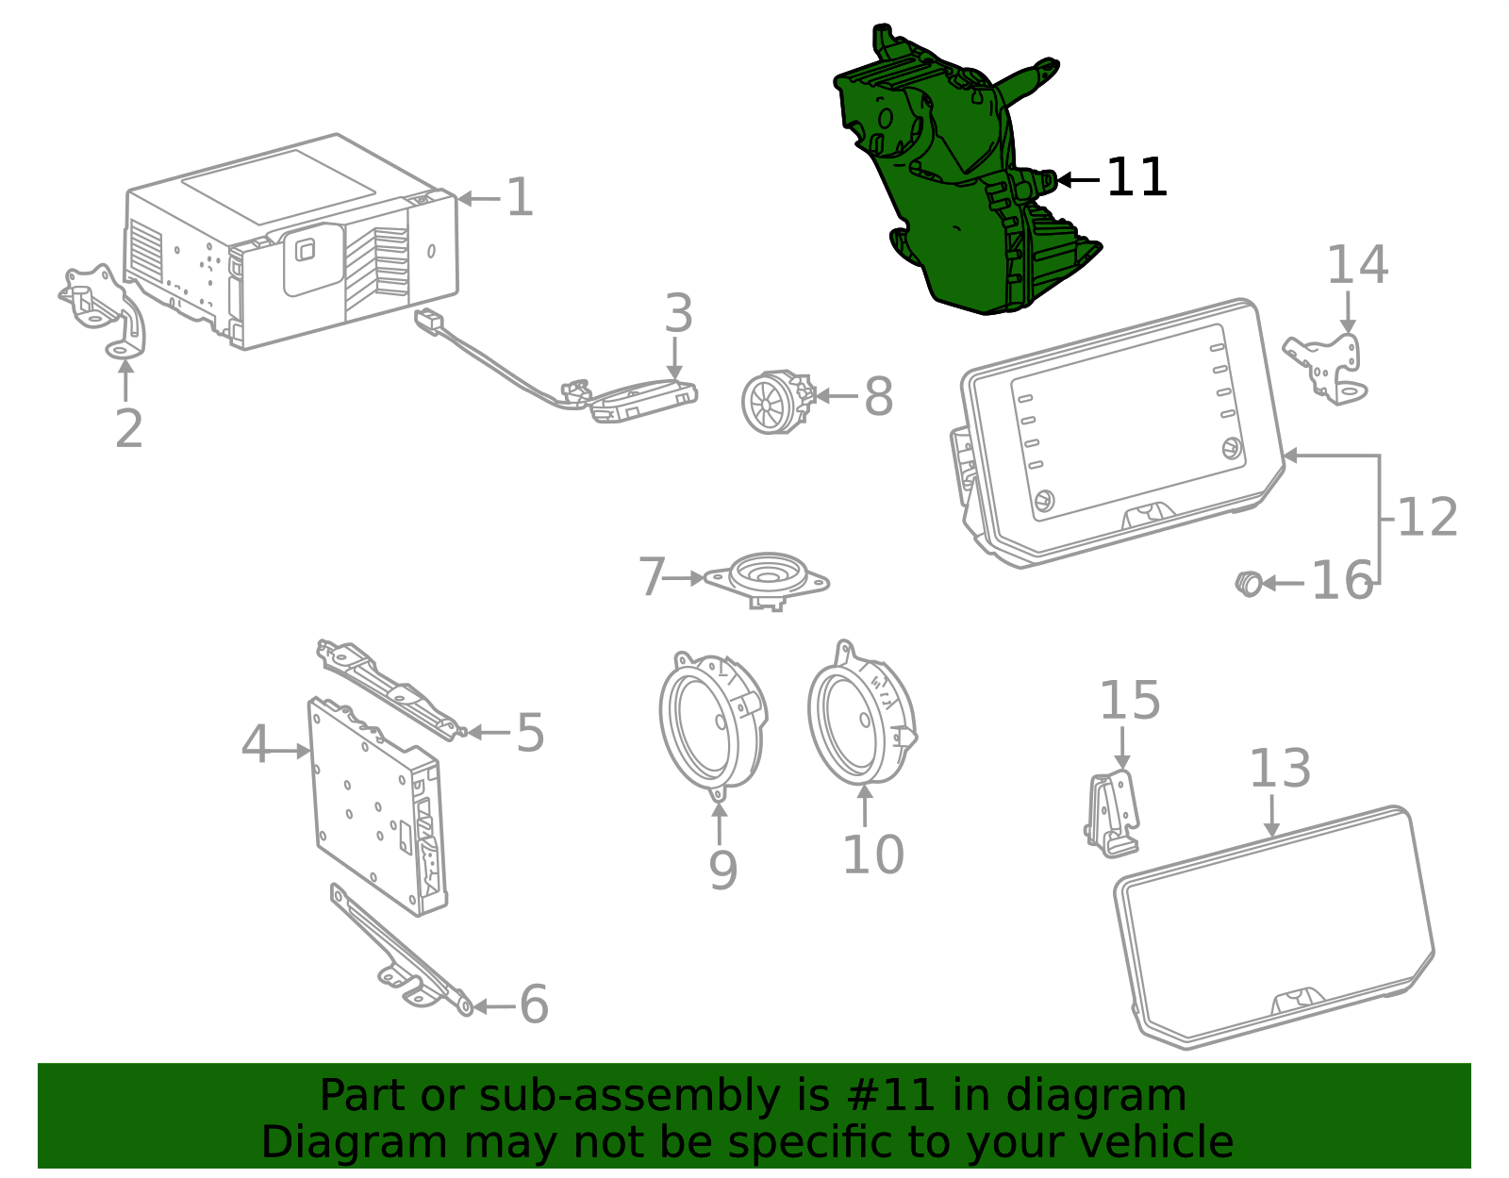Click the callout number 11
[x=1136, y=178]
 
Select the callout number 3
[x=678, y=314]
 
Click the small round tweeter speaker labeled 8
[x=773, y=403]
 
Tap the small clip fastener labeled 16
[x=1249, y=583]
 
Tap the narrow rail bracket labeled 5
[x=387, y=689]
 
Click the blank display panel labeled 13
[x=1273, y=929]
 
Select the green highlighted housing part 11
[x=962, y=179]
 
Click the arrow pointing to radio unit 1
[x=479, y=199]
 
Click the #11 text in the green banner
[x=891, y=1096]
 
